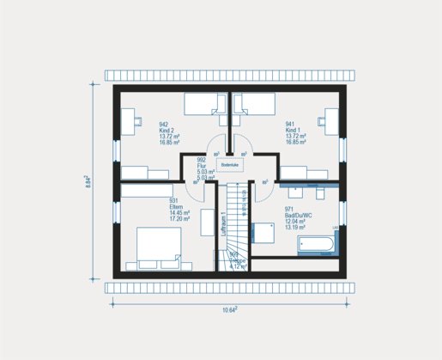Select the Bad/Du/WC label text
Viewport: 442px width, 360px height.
point(300,215)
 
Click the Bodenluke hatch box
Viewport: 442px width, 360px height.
point(228,163)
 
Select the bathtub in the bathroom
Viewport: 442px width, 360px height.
point(317,247)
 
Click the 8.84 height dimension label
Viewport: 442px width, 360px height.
point(88,181)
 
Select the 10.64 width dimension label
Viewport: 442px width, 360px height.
point(230,309)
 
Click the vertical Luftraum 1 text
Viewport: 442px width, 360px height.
point(221,225)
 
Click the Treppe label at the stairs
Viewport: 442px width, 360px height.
point(236,260)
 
